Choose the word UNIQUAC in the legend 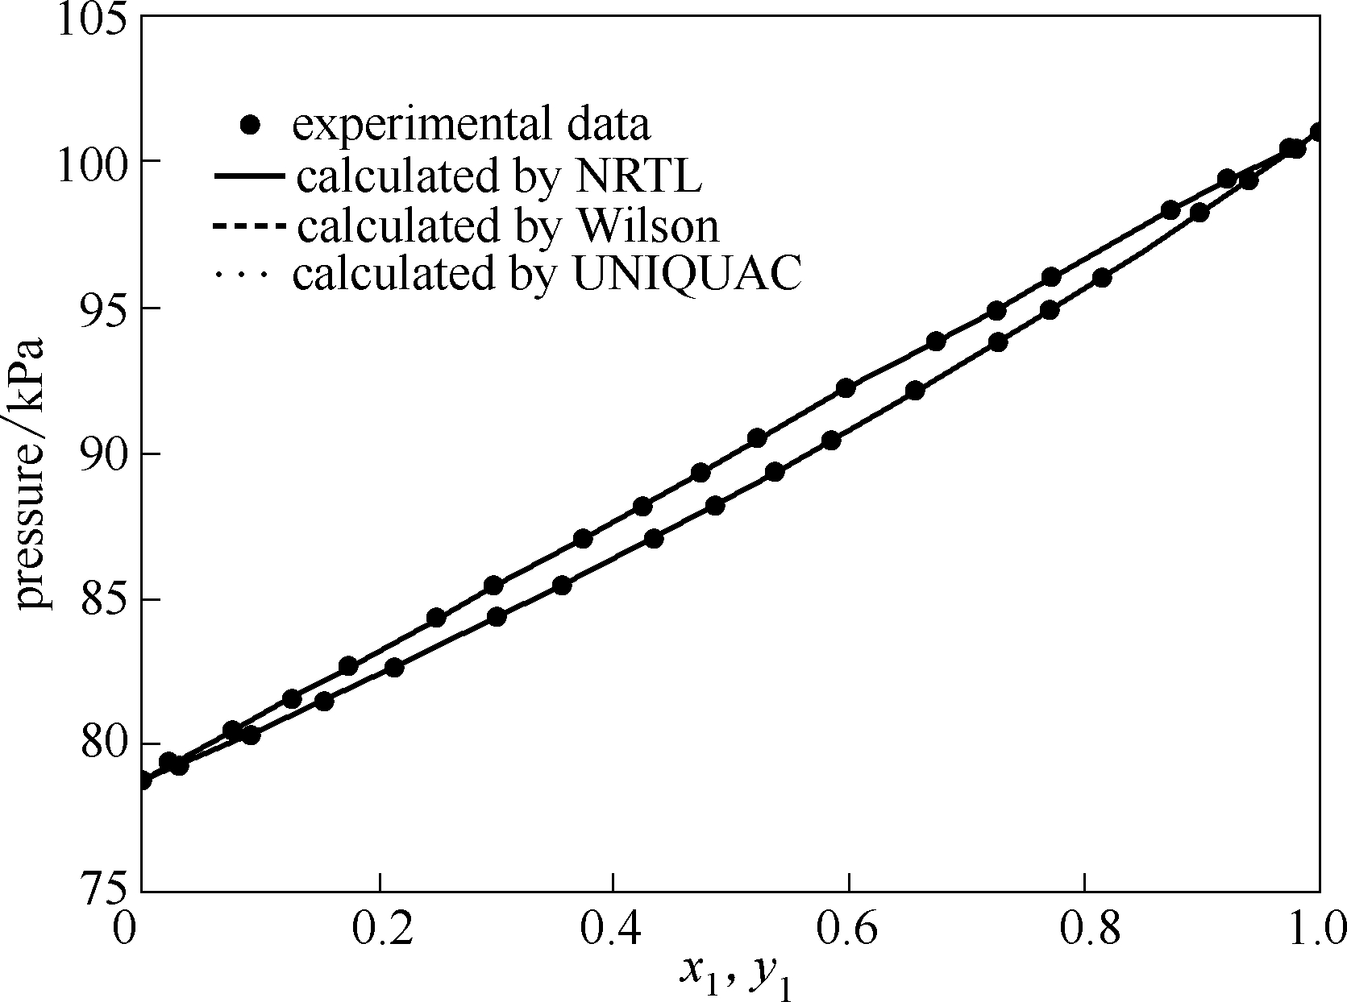(x=688, y=275)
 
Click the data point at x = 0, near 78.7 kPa (x=143, y=780)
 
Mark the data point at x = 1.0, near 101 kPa (x=1318, y=131)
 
